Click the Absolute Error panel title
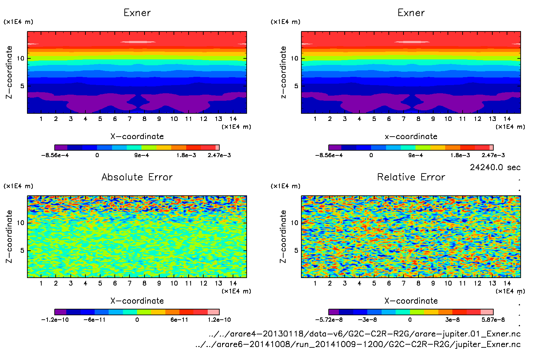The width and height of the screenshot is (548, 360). (137, 177)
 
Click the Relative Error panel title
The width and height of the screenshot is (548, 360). (411, 177)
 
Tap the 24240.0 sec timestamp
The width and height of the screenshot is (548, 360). (495, 167)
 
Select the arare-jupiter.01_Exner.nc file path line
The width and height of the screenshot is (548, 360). (365, 334)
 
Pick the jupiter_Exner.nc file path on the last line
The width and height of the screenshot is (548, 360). (358, 344)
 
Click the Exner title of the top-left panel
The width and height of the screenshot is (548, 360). (137, 13)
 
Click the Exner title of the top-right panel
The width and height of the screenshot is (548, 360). (411, 13)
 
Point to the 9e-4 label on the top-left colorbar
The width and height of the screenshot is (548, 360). (141, 155)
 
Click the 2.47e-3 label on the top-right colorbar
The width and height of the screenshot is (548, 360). (493, 155)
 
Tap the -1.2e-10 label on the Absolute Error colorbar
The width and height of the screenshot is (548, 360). (55, 320)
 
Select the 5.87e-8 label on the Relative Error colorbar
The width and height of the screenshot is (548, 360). (493, 320)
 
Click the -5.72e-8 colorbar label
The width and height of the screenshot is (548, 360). (329, 320)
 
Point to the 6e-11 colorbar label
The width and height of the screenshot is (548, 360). (179, 320)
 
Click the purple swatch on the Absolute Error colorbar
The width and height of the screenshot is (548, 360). (60, 312)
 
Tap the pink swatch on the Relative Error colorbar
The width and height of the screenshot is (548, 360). (487, 312)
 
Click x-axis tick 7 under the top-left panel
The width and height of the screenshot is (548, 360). (129, 119)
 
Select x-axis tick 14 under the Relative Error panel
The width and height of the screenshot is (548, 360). (507, 283)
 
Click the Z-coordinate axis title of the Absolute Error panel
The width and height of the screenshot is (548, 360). (9, 236)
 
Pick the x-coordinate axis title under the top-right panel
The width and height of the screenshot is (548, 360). (411, 137)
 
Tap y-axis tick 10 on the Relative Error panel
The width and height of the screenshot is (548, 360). (294, 223)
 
